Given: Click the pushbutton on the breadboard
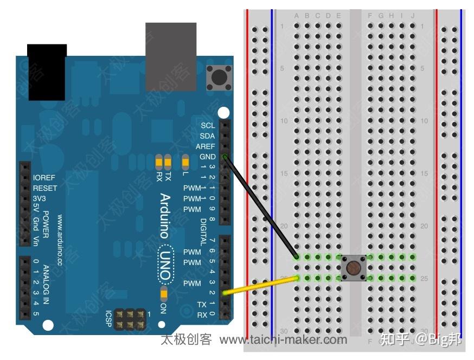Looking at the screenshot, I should pos(353,268).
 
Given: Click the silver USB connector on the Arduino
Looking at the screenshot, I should pos(171,56).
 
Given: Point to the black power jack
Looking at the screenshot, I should pos(47,72).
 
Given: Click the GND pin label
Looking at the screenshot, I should pos(208,157).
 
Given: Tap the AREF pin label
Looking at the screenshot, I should pos(206,146).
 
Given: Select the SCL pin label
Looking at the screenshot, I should pos(208,125).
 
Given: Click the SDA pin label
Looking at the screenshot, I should pos(207,136).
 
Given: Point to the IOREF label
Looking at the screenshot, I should pos(44,178).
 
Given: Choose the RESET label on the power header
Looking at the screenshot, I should pos(45,188).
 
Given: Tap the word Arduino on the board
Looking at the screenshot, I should pos(165,216).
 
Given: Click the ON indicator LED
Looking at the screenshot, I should pos(164,294).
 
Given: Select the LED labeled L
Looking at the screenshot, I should pos(185,161).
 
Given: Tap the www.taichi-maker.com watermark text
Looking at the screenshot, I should pos(283,340).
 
